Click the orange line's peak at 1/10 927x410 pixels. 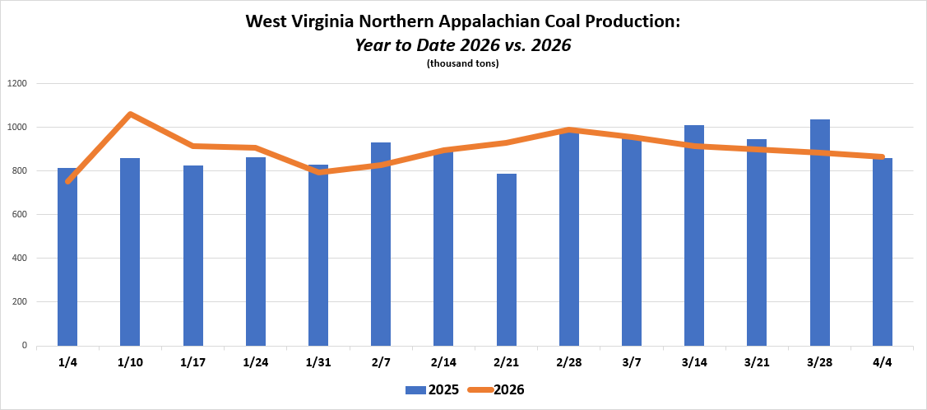pyautogui.click(x=130, y=114)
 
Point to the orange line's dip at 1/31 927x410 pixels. pyautogui.click(x=318, y=172)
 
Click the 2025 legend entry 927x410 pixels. pyautogui.click(x=426, y=389)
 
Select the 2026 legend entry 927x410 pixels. pyautogui.click(x=496, y=389)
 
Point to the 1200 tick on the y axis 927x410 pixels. pyautogui.click(x=17, y=84)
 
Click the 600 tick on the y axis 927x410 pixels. pyautogui.click(x=20, y=215)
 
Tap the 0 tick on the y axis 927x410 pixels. pyautogui.click(x=25, y=346)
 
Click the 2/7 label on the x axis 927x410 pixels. pyautogui.click(x=381, y=363)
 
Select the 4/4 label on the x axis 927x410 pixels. pyautogui.click(x=883, y=363)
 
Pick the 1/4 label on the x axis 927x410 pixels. pyautogui.click(x=67, y=363)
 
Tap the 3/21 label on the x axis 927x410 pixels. pyautogui.click(x=757, y=363)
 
